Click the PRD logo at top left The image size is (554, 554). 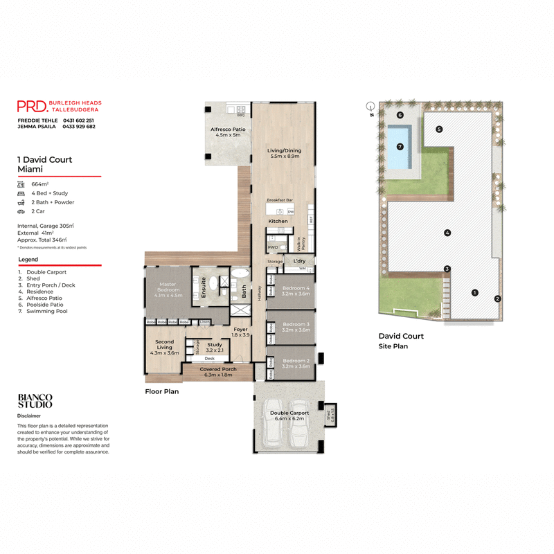[33, 106]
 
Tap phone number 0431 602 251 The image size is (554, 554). [79, 120]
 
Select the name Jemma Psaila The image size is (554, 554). [36, 127]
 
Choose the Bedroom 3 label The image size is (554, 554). [296, 327]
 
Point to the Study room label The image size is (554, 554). [214, 347]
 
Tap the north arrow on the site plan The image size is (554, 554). [370, 107]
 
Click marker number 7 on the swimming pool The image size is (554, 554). [400, 147]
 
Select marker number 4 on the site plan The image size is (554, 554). [447, 233]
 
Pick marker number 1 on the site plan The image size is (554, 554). [474, 292]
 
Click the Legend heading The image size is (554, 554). [28, 259]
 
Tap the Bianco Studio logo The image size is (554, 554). [35, 401]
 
